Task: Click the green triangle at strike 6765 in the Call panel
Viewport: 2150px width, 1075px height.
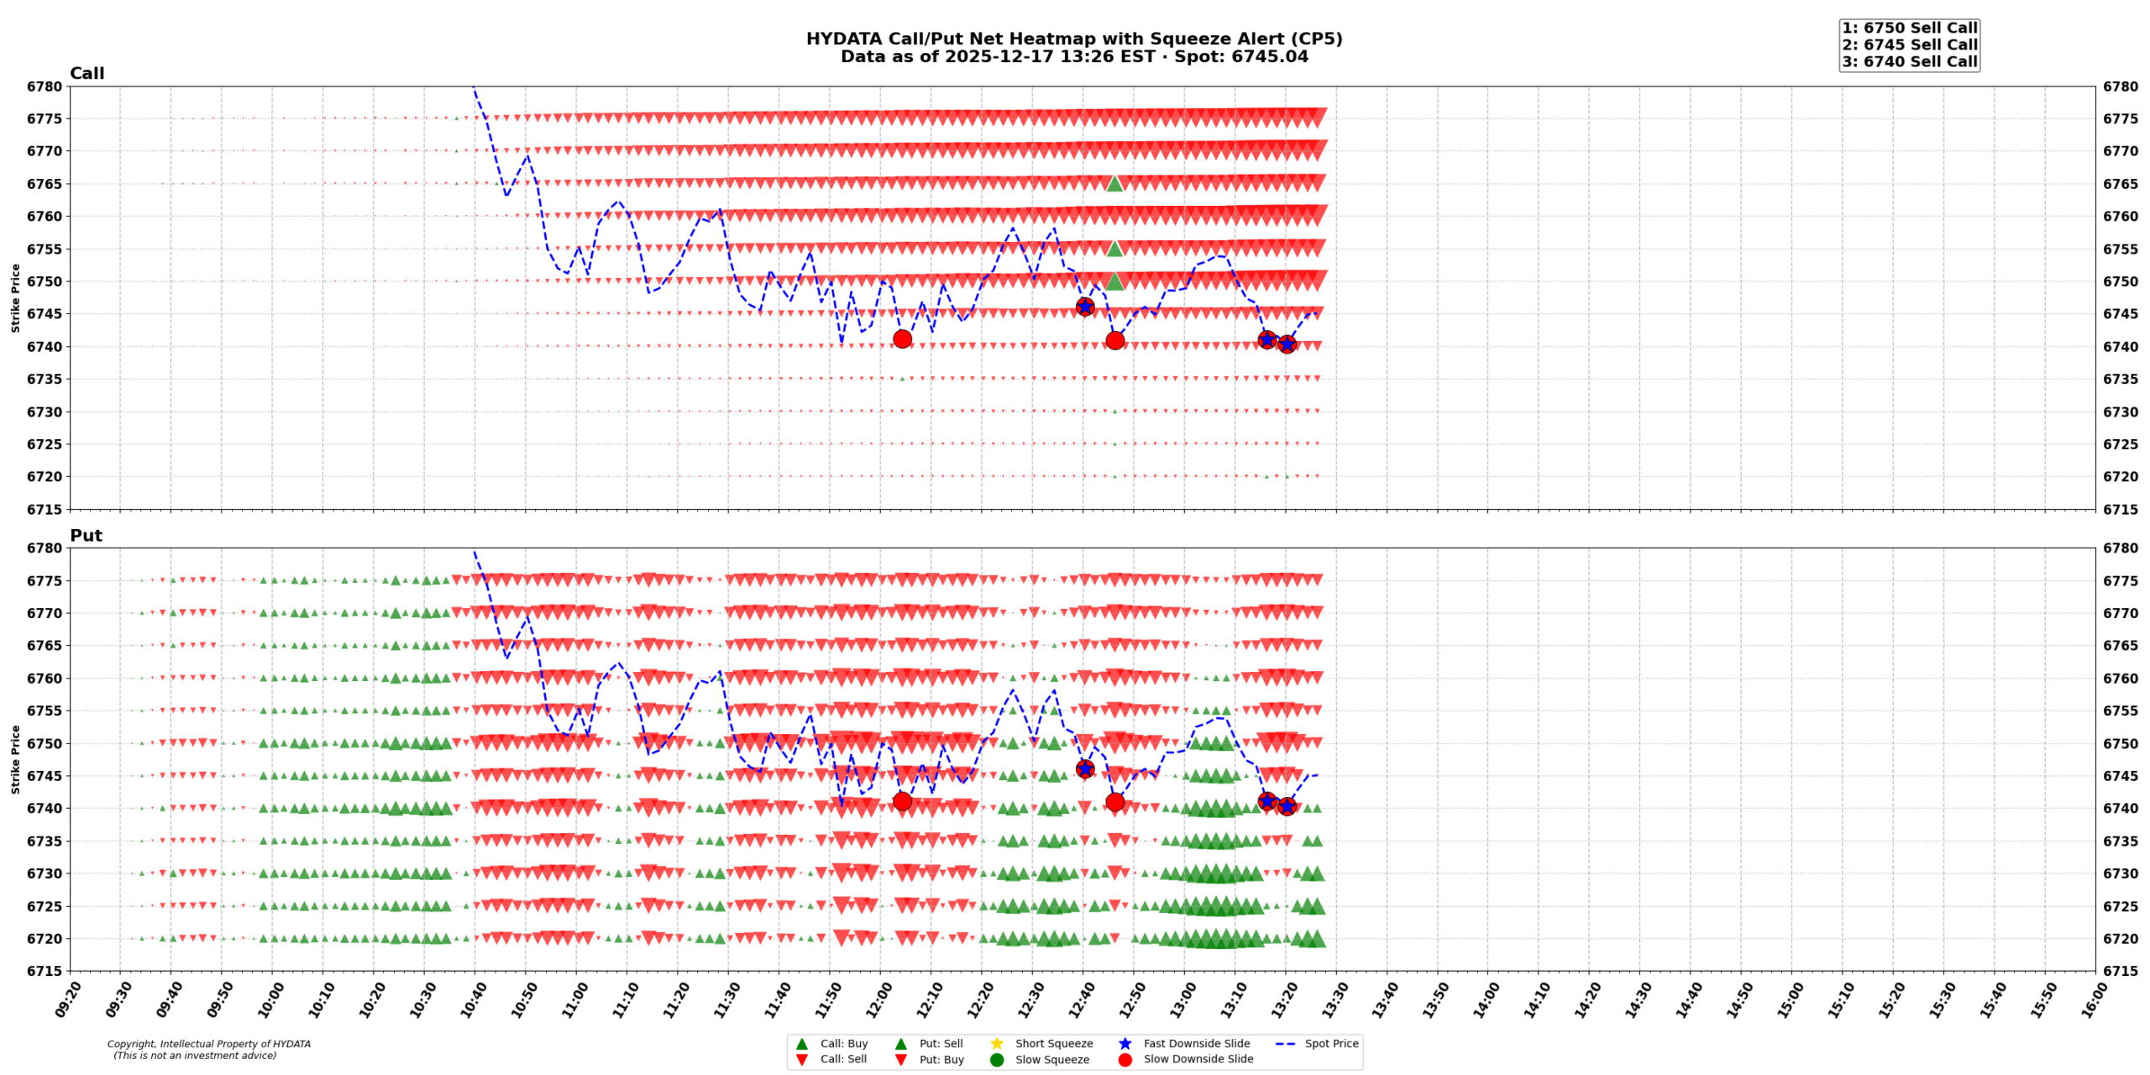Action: coord(1114,183)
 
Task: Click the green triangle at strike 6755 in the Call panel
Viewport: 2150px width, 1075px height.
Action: coord(1114,249)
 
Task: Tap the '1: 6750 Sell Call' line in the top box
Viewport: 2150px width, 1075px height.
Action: coord(1909,28)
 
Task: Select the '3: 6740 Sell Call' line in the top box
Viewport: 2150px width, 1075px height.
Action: coord(1909,61)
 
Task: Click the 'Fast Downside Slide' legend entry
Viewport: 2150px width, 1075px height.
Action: coord(1196,1043)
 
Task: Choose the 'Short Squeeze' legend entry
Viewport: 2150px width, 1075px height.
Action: coord(1053,1043)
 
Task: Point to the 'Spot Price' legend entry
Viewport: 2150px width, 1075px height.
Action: coord(1330,1043)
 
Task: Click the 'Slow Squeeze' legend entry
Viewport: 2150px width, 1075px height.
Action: coord(1051,1059)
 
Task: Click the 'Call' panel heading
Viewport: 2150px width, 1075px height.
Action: coord(87,73)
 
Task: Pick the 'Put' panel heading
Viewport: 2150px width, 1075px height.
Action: coord(86,535)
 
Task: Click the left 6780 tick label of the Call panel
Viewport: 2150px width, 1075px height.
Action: coord(45,87)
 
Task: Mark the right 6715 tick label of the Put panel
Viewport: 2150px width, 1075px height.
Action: coord(2121,971)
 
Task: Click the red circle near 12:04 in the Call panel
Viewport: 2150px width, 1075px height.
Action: coord(902,339)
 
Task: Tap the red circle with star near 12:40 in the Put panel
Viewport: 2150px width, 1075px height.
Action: coord(1084,768)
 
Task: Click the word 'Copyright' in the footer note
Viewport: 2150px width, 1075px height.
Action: coord(130,1044)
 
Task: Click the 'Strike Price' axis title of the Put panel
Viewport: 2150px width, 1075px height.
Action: coord(15,759)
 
